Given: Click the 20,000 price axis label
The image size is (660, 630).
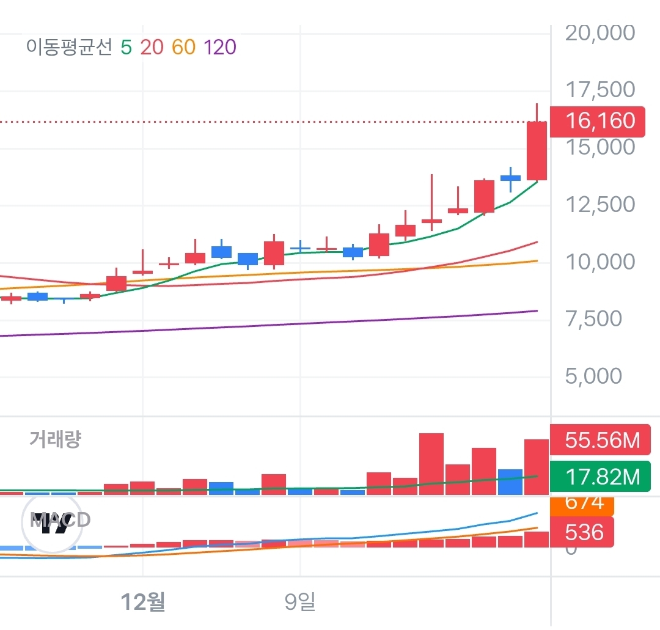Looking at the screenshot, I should pos(600,32).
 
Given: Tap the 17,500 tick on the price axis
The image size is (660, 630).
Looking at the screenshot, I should pos(600,90).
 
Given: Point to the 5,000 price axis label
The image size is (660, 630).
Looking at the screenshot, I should pos(593,376).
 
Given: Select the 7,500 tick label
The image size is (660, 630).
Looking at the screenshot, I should pos(593,318).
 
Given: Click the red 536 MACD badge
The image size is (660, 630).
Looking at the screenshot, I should pos(584,532).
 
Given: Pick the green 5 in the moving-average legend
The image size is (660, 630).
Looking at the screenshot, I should pos(126,47).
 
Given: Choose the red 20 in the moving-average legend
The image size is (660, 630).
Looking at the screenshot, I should pos(152,47).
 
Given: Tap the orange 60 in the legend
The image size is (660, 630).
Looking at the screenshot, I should pos(183,47).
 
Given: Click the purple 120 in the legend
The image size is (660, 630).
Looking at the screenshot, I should pos(220,47).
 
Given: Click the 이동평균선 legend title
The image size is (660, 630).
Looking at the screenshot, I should pos(69,47).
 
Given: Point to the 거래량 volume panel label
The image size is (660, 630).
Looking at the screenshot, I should pos(55,439).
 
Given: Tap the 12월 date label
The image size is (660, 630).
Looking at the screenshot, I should pos(143,603).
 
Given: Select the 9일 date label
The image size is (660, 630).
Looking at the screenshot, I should pos(300,603).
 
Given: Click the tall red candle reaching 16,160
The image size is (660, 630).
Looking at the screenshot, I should pos(537,150).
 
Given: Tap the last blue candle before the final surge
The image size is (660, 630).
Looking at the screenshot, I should pos(510,178).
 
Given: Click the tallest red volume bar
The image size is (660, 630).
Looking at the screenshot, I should pos(431,463).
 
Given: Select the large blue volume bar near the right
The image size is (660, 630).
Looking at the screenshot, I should pos(510,482).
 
